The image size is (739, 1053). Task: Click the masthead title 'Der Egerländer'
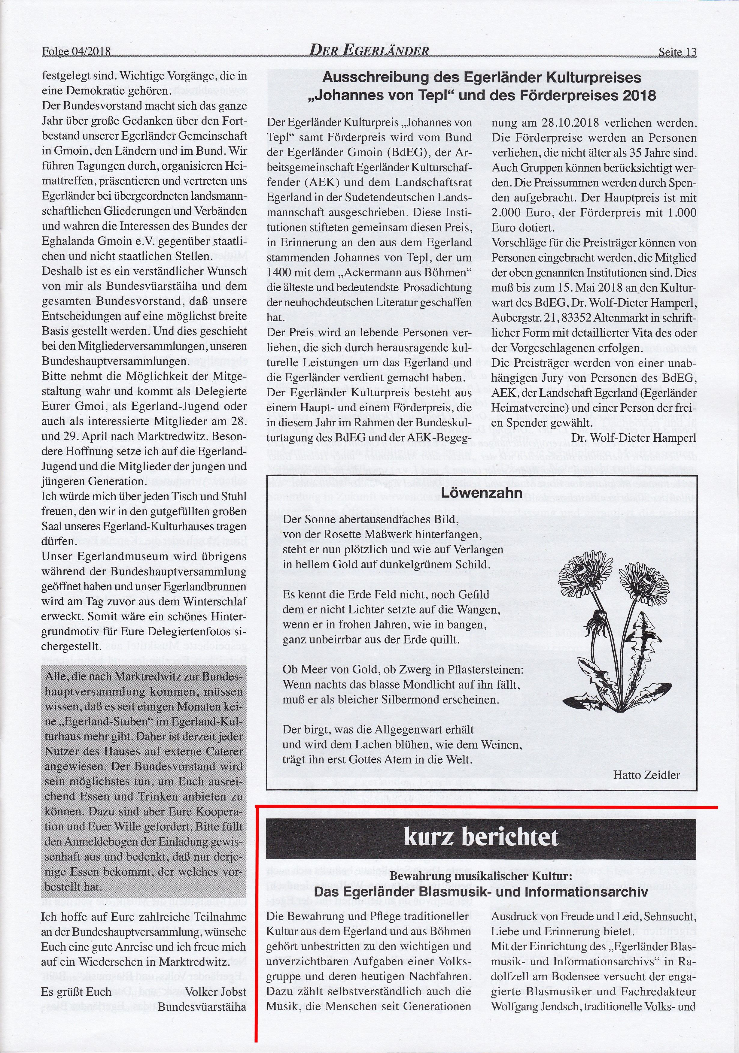click(369, 50)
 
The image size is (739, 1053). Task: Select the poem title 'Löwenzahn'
click(481, 493)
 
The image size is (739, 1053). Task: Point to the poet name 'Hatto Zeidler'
click(646, 775)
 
